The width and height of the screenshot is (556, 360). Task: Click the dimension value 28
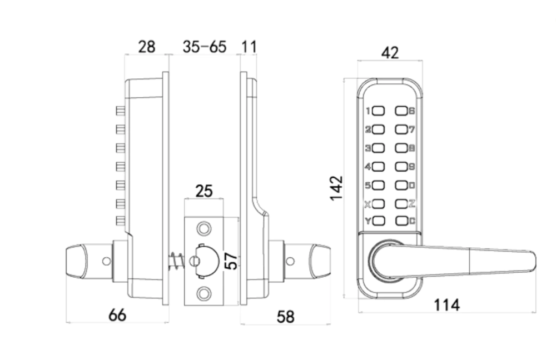146,47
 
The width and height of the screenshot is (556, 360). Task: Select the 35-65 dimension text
205,47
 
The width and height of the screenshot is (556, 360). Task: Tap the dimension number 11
250,47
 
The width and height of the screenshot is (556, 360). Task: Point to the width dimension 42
390,53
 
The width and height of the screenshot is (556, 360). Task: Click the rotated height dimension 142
336,188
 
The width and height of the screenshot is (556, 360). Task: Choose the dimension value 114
446,304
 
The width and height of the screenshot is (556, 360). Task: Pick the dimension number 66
117,315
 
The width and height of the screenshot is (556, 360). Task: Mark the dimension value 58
285,317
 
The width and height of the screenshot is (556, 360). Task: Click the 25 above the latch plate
204,192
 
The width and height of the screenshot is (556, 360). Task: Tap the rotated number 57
231,261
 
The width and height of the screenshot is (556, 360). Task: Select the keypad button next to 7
401,129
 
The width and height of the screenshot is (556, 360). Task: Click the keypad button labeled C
401,221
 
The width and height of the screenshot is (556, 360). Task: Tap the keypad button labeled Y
379,221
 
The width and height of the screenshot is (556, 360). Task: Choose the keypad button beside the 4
379,166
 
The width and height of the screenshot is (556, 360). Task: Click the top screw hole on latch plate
204,228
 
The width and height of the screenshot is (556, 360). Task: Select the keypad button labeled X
379,203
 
